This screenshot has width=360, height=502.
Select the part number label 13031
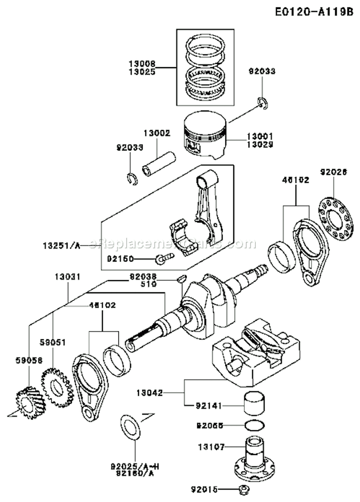tap(67, 277)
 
